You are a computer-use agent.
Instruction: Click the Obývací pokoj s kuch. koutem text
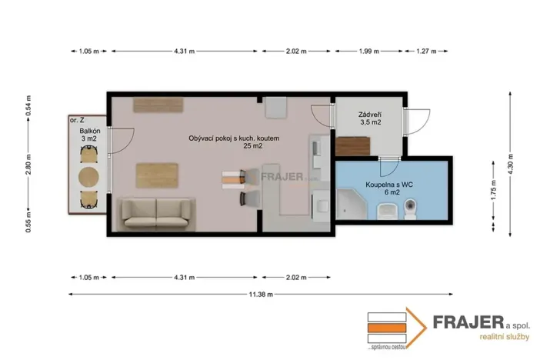tap(238, 138)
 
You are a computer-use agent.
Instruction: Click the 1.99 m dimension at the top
tap(368, 51)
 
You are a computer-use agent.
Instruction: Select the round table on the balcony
tap(90, 176)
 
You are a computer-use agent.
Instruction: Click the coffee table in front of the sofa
tap(158, 175)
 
